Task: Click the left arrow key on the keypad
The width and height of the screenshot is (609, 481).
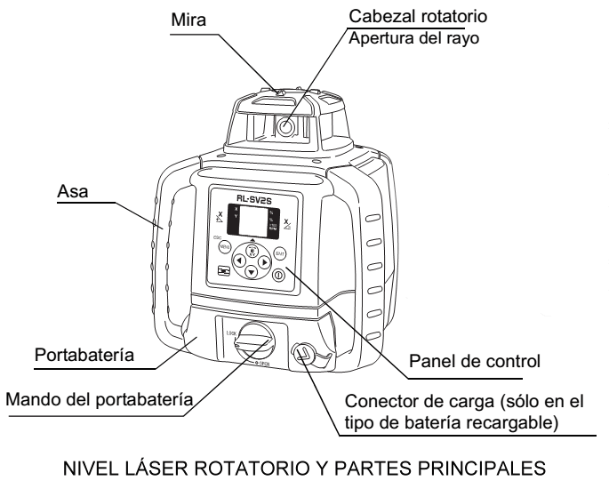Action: tap(240, 261)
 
